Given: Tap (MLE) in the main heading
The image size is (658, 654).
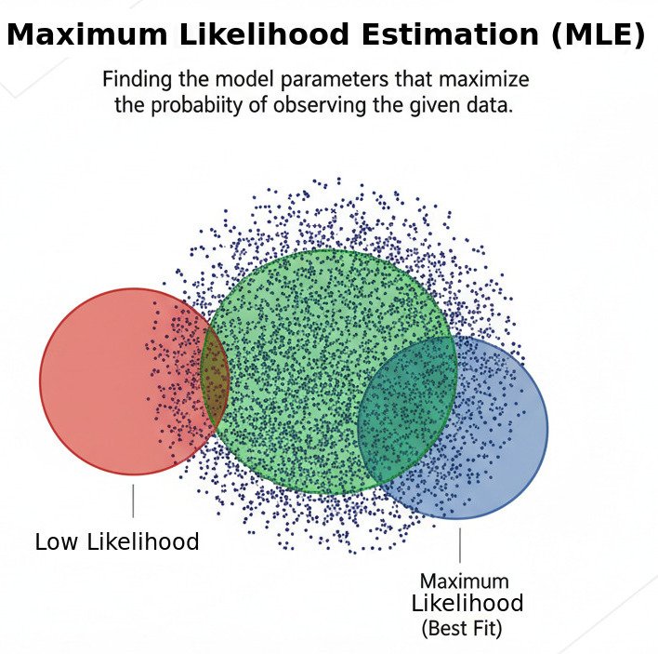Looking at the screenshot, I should pos(595,35).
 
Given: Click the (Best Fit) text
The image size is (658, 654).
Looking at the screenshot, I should pos(462,628).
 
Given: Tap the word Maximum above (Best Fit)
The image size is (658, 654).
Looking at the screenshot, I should pos(464,581).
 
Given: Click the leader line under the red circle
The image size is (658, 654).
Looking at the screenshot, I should pos(133,501).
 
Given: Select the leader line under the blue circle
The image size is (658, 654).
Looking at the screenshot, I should pos(459,545).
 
